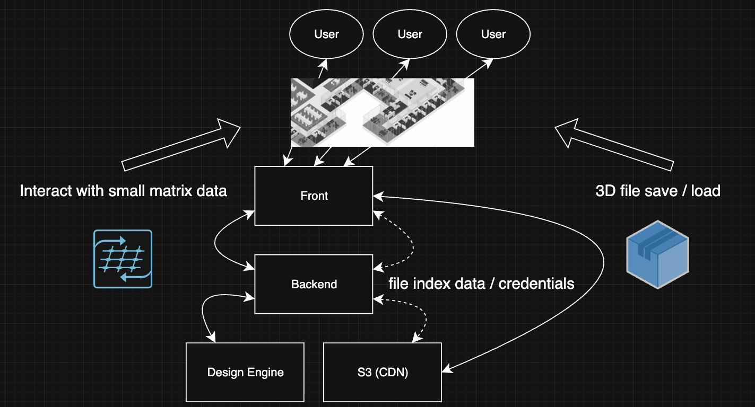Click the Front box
(x=314, y=196)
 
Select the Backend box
(x=314, y=284)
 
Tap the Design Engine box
(x=245, y=372)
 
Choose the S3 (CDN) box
(x=382, y=372)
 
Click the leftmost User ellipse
(x=326, y=34)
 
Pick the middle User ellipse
(x=410, y=34)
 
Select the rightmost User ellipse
(x=493, y=34)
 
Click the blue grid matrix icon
(x=123, y=259)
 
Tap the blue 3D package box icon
(x=657, y=254)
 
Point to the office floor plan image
(x=382, y=112)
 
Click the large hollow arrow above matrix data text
(x=180, y=145)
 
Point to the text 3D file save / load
(x=658, y=191)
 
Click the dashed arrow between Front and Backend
(x=411, y=241)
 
